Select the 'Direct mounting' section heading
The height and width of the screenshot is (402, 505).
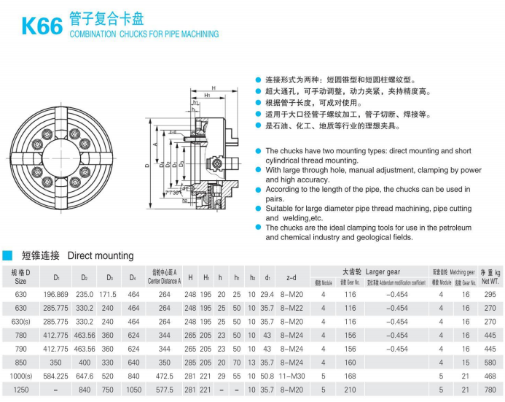(x=101, y=256)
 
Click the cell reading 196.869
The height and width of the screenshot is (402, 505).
(x=56, y=294)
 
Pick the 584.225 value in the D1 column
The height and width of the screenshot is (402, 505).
(x=56, y=377)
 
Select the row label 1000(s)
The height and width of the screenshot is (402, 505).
(x=20, y=377)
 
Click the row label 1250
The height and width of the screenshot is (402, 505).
(x=20, y=391)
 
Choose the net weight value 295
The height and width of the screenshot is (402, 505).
(x=489, y=294)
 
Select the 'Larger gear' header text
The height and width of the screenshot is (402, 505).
(x=383, y=271)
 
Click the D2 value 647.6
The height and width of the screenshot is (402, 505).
(x=85, y=377)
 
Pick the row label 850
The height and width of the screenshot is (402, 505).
(x=20, y=363)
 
